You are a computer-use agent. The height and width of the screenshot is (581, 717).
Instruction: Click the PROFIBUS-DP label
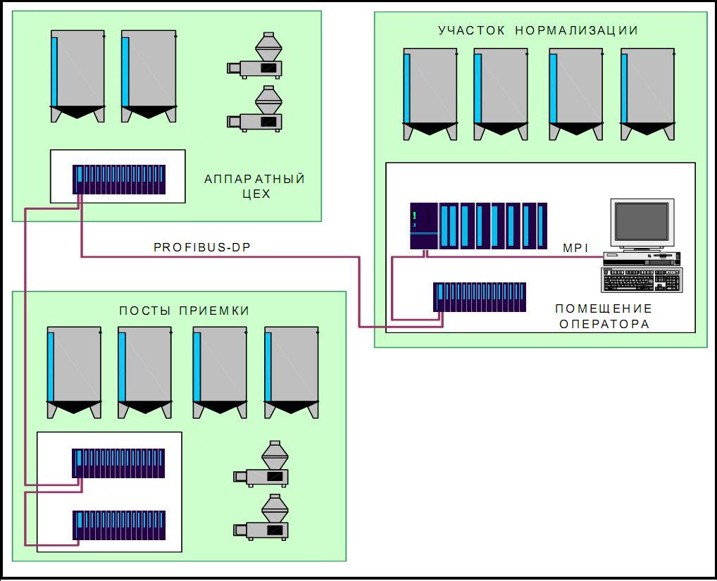(201, 247)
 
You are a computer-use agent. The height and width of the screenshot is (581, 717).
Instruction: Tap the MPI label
(575, 247)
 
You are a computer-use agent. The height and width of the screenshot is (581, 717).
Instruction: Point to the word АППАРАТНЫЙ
(254, 179)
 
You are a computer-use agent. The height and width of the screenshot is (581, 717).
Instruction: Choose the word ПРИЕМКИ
(214, 311)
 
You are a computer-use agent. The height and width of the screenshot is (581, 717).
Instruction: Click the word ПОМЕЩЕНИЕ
(604, 308)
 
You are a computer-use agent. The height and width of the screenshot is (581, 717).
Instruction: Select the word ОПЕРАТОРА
(604, 324)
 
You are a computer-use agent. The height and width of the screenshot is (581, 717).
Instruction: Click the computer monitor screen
(642, 221)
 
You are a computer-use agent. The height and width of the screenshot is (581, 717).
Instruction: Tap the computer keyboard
(641, 280)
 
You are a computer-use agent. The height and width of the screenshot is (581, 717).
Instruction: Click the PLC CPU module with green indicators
(424, 225)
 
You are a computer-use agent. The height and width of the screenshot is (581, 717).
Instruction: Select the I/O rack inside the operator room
(479, 297)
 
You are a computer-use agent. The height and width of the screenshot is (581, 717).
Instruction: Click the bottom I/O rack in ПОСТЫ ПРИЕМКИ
(119, 526)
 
